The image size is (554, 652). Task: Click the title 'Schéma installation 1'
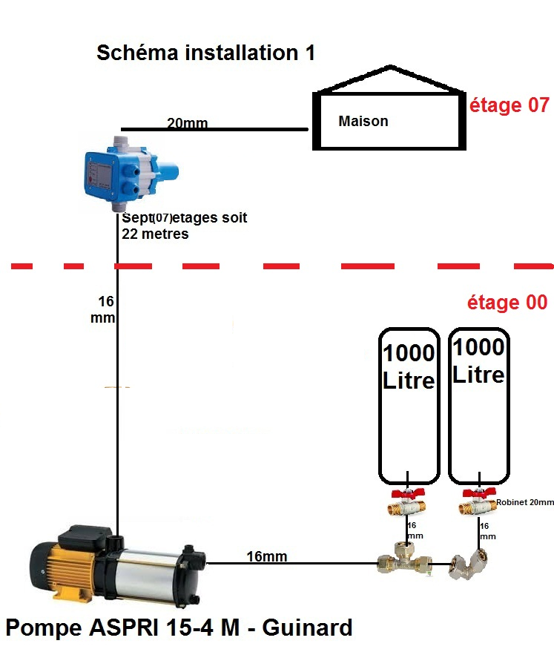(206, 53)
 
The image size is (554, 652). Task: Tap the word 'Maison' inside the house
(363, 121)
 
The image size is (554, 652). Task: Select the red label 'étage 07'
(510, 105)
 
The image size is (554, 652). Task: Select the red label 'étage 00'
(507, 303)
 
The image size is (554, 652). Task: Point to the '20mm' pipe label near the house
(187, 123)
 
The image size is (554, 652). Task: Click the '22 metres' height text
(155, 234)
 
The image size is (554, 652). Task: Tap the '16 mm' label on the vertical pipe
(106, 309)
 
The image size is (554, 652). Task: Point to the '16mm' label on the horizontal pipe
(267, 556)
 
